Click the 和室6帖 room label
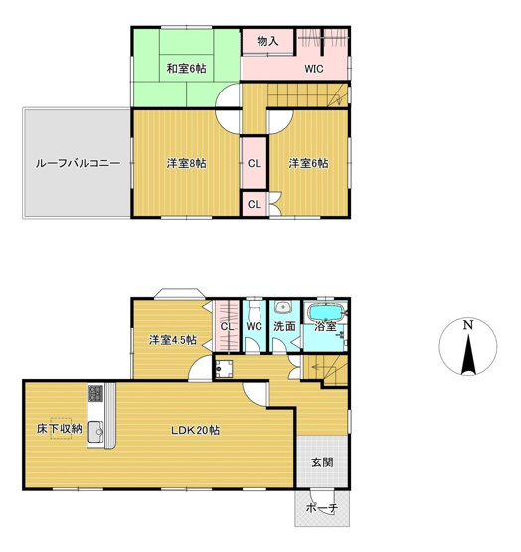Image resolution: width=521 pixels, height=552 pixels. coord(186,68)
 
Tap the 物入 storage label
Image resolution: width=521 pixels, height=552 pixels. coord(266,41)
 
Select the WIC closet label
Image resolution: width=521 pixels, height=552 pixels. coord(315,69)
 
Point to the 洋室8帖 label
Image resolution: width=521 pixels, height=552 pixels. coord(186,163)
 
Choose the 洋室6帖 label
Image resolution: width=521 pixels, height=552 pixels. coord(308,163)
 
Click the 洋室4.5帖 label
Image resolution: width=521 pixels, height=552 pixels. coord(172,340)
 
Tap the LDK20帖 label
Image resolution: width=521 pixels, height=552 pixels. coord(195,430)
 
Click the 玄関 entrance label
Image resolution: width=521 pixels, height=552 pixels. coord(321,461)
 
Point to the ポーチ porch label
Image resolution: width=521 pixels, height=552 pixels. coord(321,508)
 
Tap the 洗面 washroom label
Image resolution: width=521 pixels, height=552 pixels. coord(285,325)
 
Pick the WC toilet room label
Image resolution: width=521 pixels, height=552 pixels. coord(254,325)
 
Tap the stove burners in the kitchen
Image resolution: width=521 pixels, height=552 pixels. coord(95,393)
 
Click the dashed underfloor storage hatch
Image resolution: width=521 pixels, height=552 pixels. coord(60,420)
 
